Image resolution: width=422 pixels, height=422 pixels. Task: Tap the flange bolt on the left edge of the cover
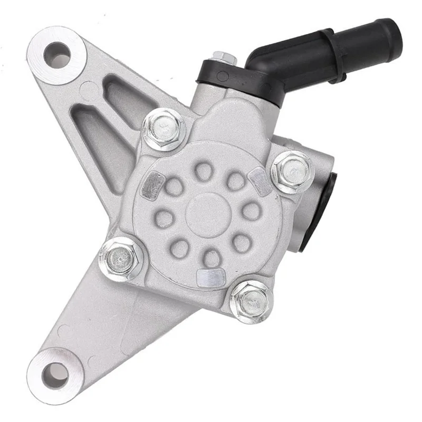[x=120, y=258]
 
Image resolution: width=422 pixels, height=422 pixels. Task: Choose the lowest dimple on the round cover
[x=212, y=257]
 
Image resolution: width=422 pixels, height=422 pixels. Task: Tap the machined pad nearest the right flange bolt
[x=260, y=181]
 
